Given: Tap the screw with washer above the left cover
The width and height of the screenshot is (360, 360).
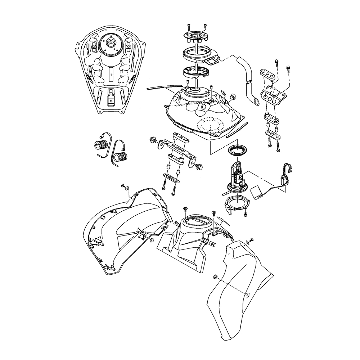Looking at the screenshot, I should pos(124,186).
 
